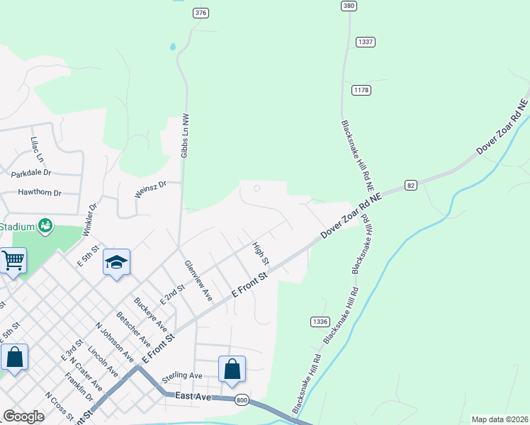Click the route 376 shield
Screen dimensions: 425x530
201,13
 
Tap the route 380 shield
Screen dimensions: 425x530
348,6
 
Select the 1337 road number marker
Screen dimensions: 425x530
365,42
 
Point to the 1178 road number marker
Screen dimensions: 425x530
361,90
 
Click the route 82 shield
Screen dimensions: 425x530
411,185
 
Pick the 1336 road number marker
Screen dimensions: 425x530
320,322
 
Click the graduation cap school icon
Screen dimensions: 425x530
117,263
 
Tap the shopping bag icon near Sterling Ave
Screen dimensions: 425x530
232,369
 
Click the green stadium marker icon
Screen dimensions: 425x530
46,226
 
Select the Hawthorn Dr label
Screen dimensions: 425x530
40,192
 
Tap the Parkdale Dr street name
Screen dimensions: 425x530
31,172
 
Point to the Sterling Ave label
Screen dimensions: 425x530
182,375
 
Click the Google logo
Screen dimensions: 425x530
23,416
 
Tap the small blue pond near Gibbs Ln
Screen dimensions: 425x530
173,48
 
